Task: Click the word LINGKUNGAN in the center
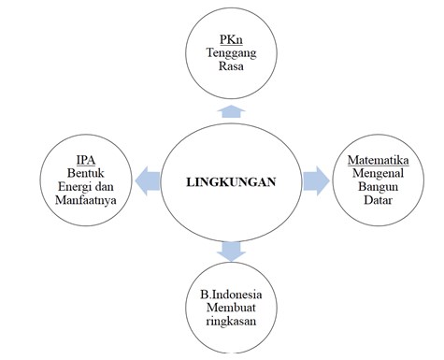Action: [232, 181]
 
